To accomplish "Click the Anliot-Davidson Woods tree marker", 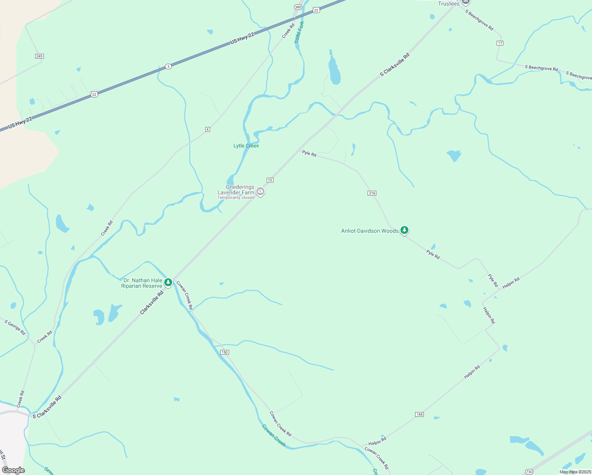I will tap(404, 230).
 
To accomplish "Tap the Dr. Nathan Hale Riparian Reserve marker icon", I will tap(168, 282).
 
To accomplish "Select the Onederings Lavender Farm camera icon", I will tap(260, 192).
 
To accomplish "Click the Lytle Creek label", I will tap(246, 146).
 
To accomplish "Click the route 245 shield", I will tap(39, 56).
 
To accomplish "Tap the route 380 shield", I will tap(298, 7).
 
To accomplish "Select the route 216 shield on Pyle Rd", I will tap(372, 193).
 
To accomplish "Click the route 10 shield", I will tap(270, 180).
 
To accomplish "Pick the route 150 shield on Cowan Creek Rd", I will tap(225, 352).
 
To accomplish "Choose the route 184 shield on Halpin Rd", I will tap(419, 414).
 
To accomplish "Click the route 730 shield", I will tap(529, 471).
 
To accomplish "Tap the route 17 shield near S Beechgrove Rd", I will tap(500, 43).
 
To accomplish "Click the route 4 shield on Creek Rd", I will tap(207, 129).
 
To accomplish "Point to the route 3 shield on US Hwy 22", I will tap(169, 66).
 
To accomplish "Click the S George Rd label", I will tap(15, 328).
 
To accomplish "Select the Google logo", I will tap(13, 470).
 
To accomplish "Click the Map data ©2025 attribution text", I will tap(575, 472).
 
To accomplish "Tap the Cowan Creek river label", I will tap(274, 435).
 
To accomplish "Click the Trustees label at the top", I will tap(449, 4).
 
